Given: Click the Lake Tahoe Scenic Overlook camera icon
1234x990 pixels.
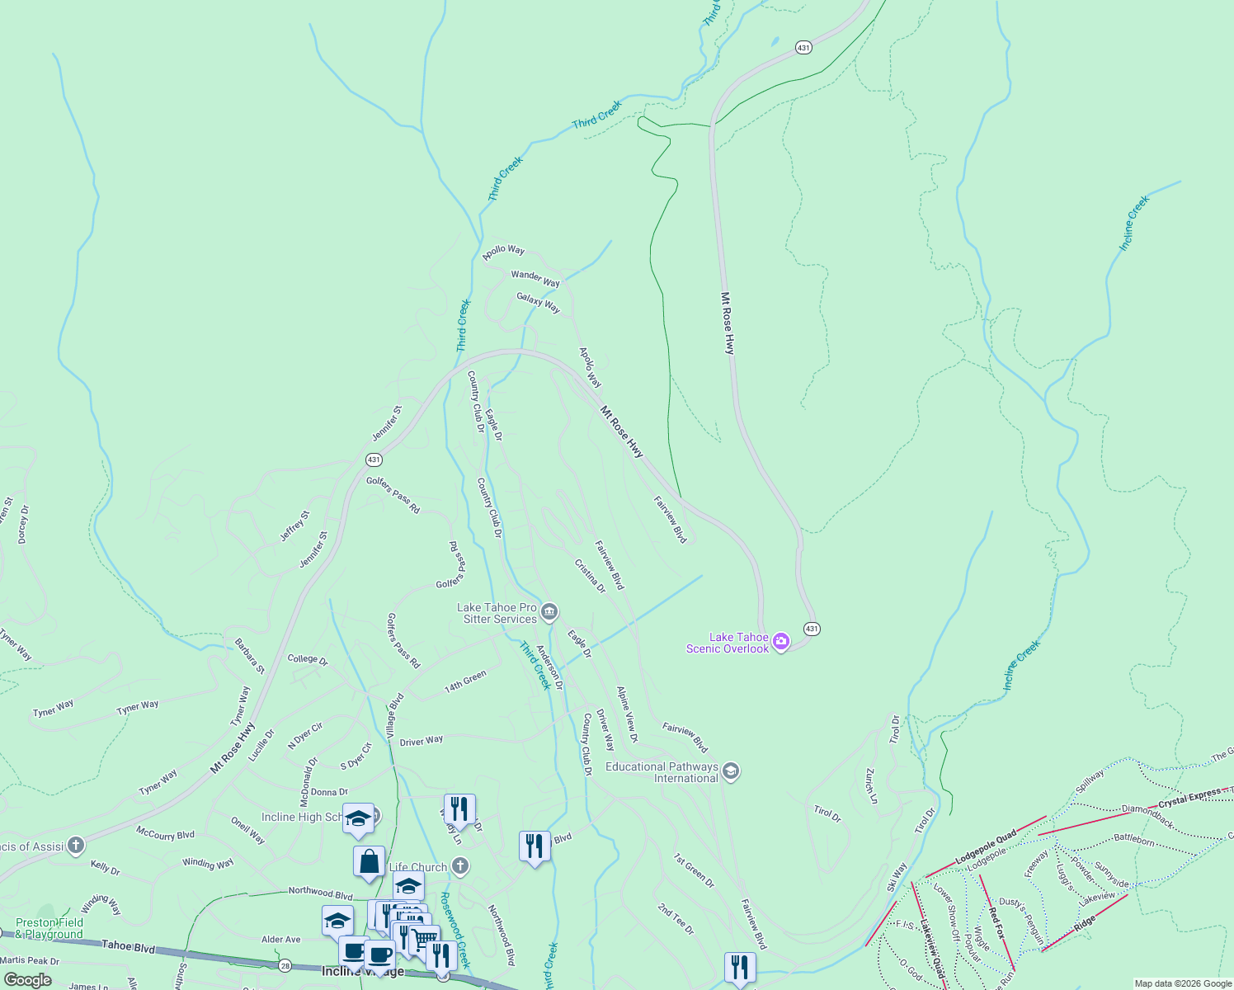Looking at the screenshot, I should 780,642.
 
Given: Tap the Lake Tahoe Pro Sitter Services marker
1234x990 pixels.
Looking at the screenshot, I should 550,612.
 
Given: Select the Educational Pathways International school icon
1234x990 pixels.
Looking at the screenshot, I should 730,771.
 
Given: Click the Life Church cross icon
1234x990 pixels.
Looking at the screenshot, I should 460,866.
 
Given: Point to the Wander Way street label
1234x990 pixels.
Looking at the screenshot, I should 535,278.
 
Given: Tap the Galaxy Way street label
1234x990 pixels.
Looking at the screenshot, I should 538,303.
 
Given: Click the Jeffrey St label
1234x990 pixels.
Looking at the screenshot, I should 294,526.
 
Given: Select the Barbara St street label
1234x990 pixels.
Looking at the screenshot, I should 249,656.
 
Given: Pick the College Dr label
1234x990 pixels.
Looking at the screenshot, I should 307,659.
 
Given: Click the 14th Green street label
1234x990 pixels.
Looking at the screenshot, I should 465,681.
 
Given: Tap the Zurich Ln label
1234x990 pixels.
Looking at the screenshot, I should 869,785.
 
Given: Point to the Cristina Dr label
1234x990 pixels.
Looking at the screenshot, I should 590,576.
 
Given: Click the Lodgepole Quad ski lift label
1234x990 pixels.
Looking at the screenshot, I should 986,848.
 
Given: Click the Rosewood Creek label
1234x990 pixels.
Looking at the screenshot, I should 455,929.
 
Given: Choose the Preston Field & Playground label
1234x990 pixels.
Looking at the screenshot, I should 49,928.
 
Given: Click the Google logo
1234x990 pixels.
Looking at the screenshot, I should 27,980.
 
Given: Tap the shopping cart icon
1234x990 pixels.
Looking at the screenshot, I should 424,938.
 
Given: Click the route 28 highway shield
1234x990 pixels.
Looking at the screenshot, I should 285,965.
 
